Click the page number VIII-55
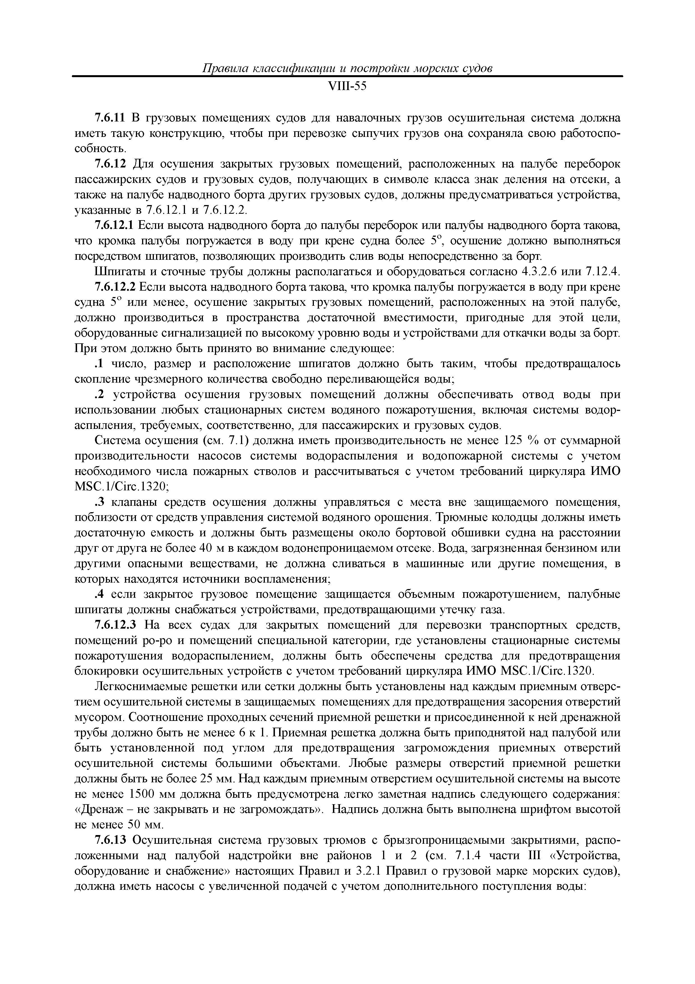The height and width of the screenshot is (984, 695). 347,87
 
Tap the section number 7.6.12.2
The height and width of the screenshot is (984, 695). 115,287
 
